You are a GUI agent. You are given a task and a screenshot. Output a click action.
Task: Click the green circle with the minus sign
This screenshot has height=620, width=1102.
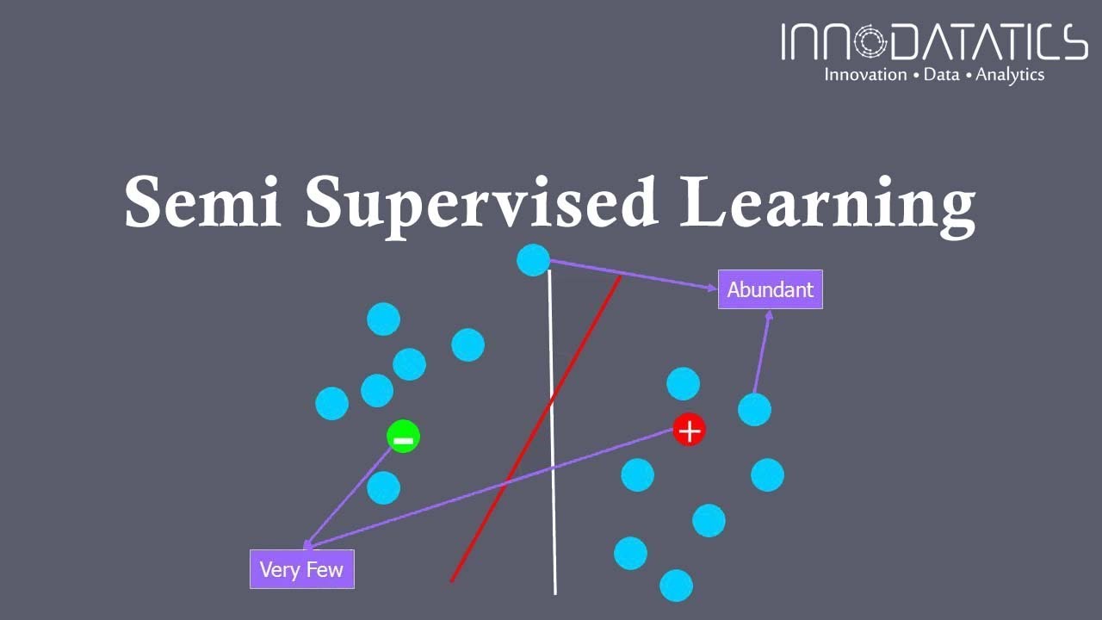tap(403, 437)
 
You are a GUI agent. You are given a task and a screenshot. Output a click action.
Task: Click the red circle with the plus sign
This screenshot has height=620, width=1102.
tap(689, 430)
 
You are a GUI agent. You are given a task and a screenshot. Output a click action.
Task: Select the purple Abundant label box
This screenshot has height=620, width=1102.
tap(770, 289)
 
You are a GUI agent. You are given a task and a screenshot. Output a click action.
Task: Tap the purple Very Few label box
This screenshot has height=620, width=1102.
tap(301, 569)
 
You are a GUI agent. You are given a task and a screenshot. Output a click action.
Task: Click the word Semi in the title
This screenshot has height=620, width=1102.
tap(203, 202)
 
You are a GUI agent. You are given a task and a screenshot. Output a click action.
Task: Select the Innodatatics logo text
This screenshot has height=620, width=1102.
tap(933, 43)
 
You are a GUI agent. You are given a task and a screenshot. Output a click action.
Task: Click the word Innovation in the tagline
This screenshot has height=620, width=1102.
tap(865, 75)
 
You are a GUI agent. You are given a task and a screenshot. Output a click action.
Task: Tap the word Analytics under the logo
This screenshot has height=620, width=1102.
tap(1009, 75)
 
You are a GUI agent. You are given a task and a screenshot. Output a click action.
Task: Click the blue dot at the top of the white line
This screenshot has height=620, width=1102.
tap(533, 259)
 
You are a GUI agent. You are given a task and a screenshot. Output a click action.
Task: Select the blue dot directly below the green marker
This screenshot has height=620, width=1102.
tap(383, 487)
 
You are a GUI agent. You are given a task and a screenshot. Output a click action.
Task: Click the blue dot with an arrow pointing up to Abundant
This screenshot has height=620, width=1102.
tap(754, 409)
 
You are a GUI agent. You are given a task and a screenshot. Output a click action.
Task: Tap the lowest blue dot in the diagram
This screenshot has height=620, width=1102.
tap(676, 586)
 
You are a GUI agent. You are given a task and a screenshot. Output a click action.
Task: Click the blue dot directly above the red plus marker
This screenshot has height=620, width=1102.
tap(683, 383)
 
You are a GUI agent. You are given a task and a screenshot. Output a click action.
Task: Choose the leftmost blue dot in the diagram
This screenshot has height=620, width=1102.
tap(331, 403)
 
